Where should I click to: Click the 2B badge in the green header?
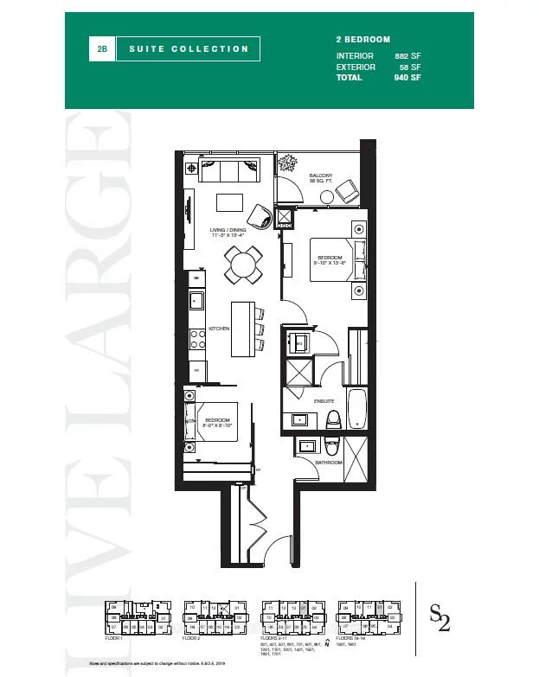pyautogui.click(x=102, y=49)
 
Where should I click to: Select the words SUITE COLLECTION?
pyautogui.click(x=188, y=49)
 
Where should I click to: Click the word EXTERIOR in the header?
pyautogui.click(x=356, y=67)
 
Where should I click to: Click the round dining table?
pyautogui.click(x=244, y=264)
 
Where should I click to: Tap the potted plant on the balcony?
pyautogui.click(x=289, y=163)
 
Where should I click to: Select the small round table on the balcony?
pyautogui.click(x=326, y=197)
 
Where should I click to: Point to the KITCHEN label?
pyautogui.click(x=218, y=329)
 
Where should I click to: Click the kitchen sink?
pyautogui.click(x=196, y=302)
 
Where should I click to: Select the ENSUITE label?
pyautogui.click(x=324, y=401)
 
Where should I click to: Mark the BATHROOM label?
pyautogui.click(x=329, y=463)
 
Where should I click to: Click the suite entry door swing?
pyautogui.click(x=279, y=550)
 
